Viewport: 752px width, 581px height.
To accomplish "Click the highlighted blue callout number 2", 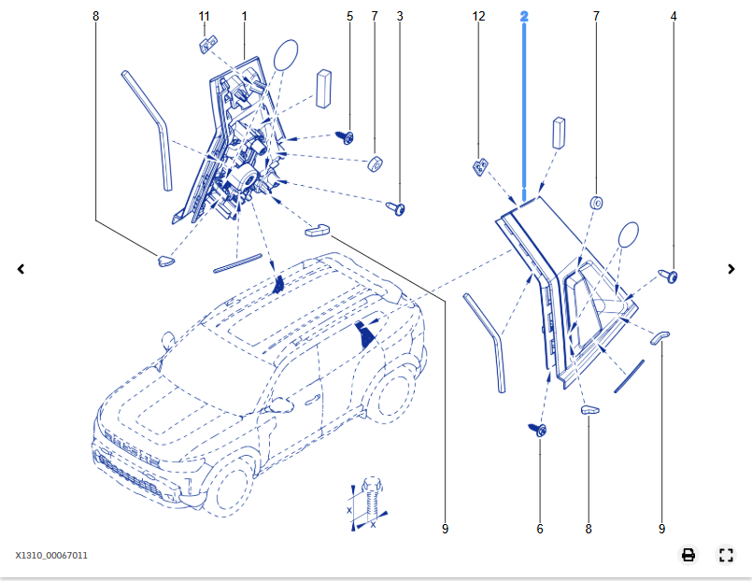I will pos(524,17).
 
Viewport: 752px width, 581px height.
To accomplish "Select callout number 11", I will pos(204,17).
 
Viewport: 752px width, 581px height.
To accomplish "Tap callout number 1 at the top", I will pos(245,17).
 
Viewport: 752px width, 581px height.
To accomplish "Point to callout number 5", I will pos(350,17).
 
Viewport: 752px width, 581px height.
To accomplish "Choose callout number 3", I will pos(400,17).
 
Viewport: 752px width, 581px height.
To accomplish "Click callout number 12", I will pos(479,17).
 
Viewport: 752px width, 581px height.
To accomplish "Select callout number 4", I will pos(673,17).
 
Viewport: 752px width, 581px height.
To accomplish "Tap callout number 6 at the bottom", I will pos(540,530).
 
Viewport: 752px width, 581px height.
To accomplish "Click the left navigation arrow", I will pos(21,269).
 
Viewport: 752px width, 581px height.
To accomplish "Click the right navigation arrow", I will pos(731,269).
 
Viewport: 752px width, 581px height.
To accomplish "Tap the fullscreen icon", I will pos(726,555).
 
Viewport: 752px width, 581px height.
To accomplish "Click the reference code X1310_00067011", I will pos(51,556).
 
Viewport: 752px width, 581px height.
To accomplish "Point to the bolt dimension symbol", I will pos(368,504).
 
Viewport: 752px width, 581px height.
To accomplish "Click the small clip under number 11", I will pos(208,43).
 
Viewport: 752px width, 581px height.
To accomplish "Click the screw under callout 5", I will pos(346,137).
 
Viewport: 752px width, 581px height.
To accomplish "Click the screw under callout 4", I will pos(670,276).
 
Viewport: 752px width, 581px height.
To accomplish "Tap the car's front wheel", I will pos(229,482).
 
